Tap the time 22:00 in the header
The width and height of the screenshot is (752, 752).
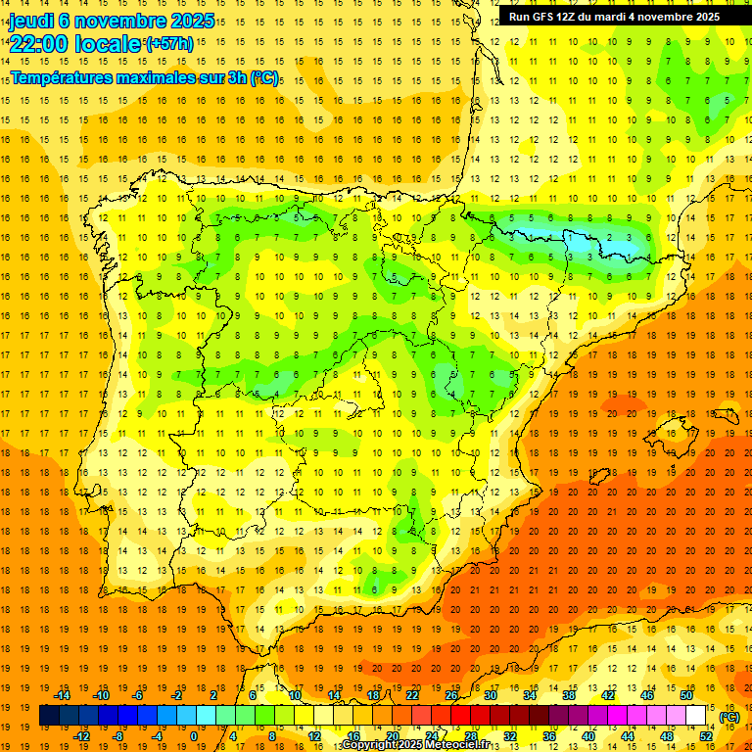[39, 43]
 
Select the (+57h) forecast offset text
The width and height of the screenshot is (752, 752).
[169, 43]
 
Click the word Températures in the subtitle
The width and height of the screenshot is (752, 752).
[63, 76]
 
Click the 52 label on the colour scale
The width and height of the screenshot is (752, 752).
[706, 735]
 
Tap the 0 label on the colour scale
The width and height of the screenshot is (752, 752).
[193, 735]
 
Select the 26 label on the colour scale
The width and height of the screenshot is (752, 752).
[451, 695]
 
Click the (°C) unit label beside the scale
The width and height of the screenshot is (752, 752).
[729, 716]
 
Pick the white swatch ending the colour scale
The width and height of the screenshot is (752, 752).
[696, 716]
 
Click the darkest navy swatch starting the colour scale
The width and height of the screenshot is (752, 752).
[49, 716]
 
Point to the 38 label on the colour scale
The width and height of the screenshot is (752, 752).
[569, 695]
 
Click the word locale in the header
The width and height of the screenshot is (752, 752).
[107, 43]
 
